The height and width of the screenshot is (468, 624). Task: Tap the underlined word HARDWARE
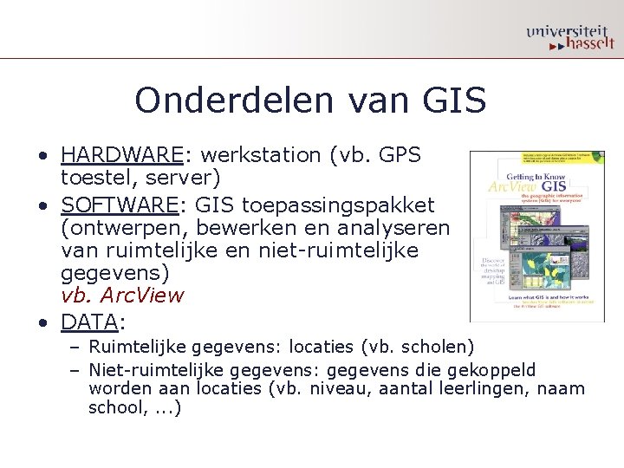pyautogui.click(x=122, y=155)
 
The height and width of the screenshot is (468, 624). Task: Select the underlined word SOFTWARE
pyautogui.click(x=120, y=205)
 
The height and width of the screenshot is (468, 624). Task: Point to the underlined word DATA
pyautogui.click(x=88, y=322)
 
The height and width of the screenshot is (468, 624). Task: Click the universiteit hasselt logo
pyautogui.click(x=569, y=36)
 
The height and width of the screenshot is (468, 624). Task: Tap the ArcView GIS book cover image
pyautogui.click(x=536, y=237)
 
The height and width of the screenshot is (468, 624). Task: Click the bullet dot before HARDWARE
pyautogui.click(x=42, y=156)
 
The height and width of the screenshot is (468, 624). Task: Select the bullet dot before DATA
pyautogui.click(x=42, y=323)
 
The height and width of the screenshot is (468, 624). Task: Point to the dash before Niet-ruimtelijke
pyautogui.click(x=75, y=370)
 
